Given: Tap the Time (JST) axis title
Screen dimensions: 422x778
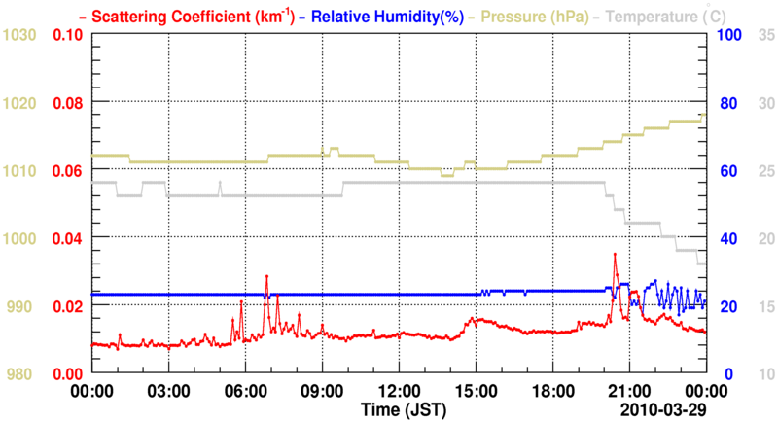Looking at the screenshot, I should click(x=399, y=408).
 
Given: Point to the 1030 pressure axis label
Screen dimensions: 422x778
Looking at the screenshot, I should click(x=21, y=35).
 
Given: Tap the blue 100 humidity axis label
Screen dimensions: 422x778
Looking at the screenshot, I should click(x=730, y=35).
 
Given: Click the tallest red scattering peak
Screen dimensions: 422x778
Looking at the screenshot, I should click(x=615, y=255).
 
